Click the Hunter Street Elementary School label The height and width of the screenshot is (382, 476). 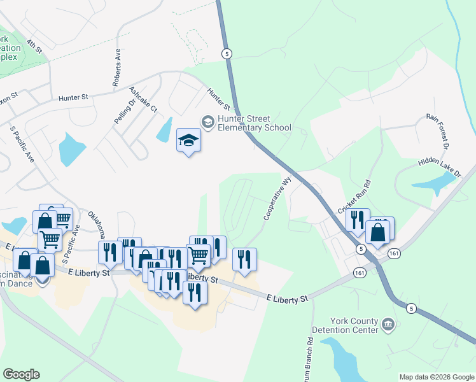tap(254, 123)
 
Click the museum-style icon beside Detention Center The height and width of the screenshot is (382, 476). tap(388, 325)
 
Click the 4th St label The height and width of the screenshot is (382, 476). tap(34, 46)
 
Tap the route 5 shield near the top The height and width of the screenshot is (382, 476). tap(227, 54)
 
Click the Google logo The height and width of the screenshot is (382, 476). tap(21, 374)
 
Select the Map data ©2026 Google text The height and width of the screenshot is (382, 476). tap(436, 377)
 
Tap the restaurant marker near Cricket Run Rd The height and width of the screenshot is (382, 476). tap(358, 220)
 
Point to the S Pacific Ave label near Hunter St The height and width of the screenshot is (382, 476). tap(22, 144)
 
